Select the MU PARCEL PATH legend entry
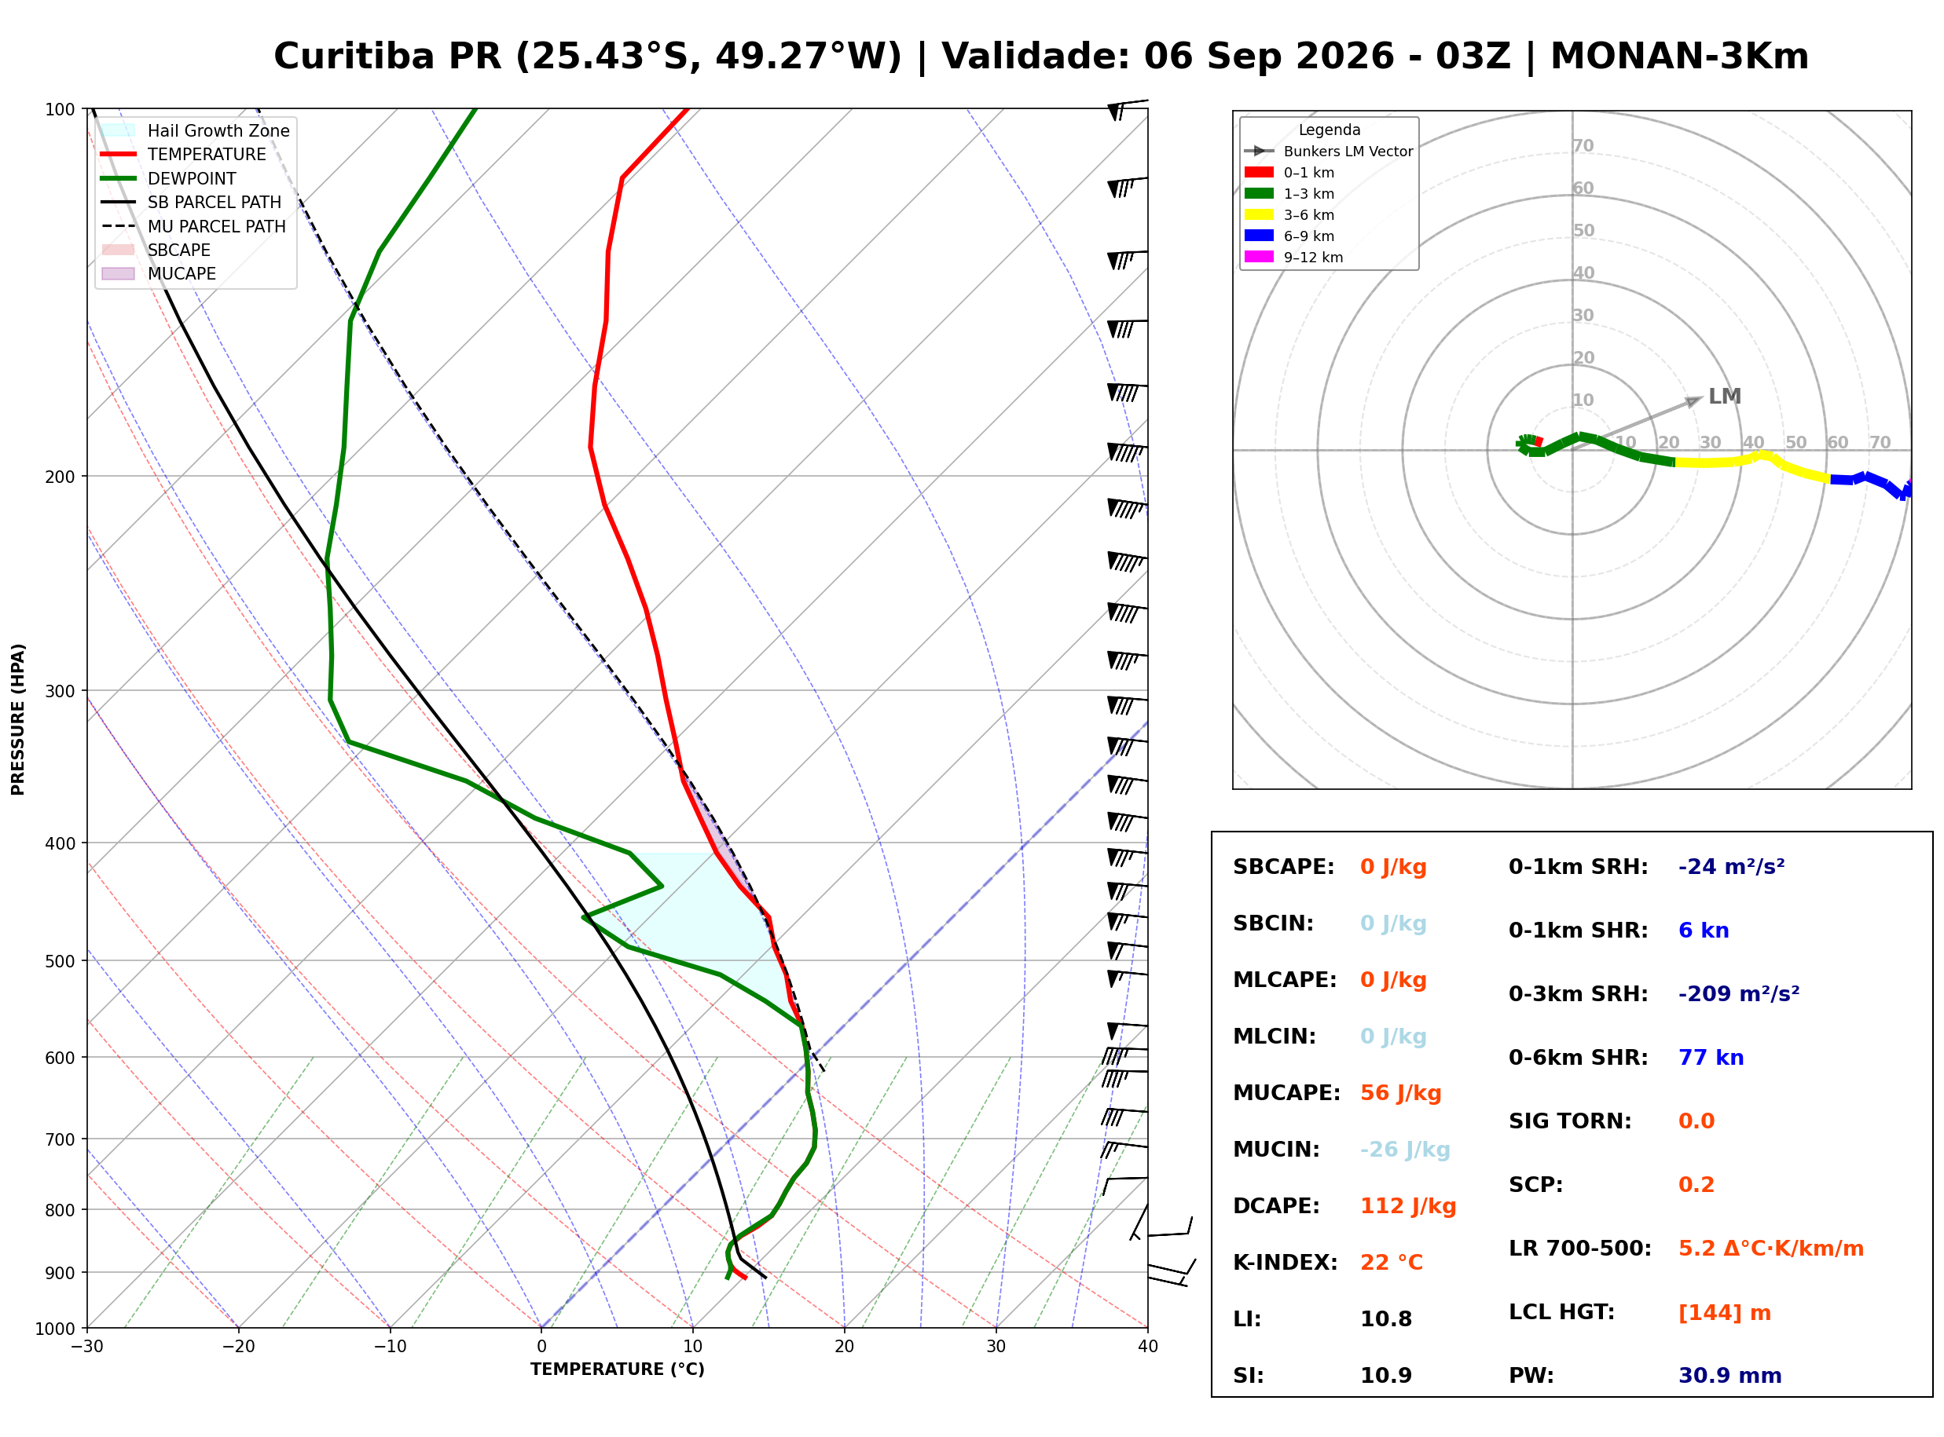point(194,226)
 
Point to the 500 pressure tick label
point(60,961)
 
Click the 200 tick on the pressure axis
point(60,477)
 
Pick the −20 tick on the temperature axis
point(238,1347)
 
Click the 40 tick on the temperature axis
point(1148,1347)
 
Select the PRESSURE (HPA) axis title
point(18,719)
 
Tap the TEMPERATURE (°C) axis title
point(618,1369)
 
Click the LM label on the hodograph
point(1725,397)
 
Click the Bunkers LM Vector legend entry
point(1329,152)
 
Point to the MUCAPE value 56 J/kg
point(1401,1093)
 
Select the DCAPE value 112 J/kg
point(1409,1206)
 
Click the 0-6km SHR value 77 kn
point(1711,1058)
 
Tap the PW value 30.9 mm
point(1730,1376)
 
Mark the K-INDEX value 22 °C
point(1392,1263)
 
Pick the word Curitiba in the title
point(354,57)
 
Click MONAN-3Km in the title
point(1679,57)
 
